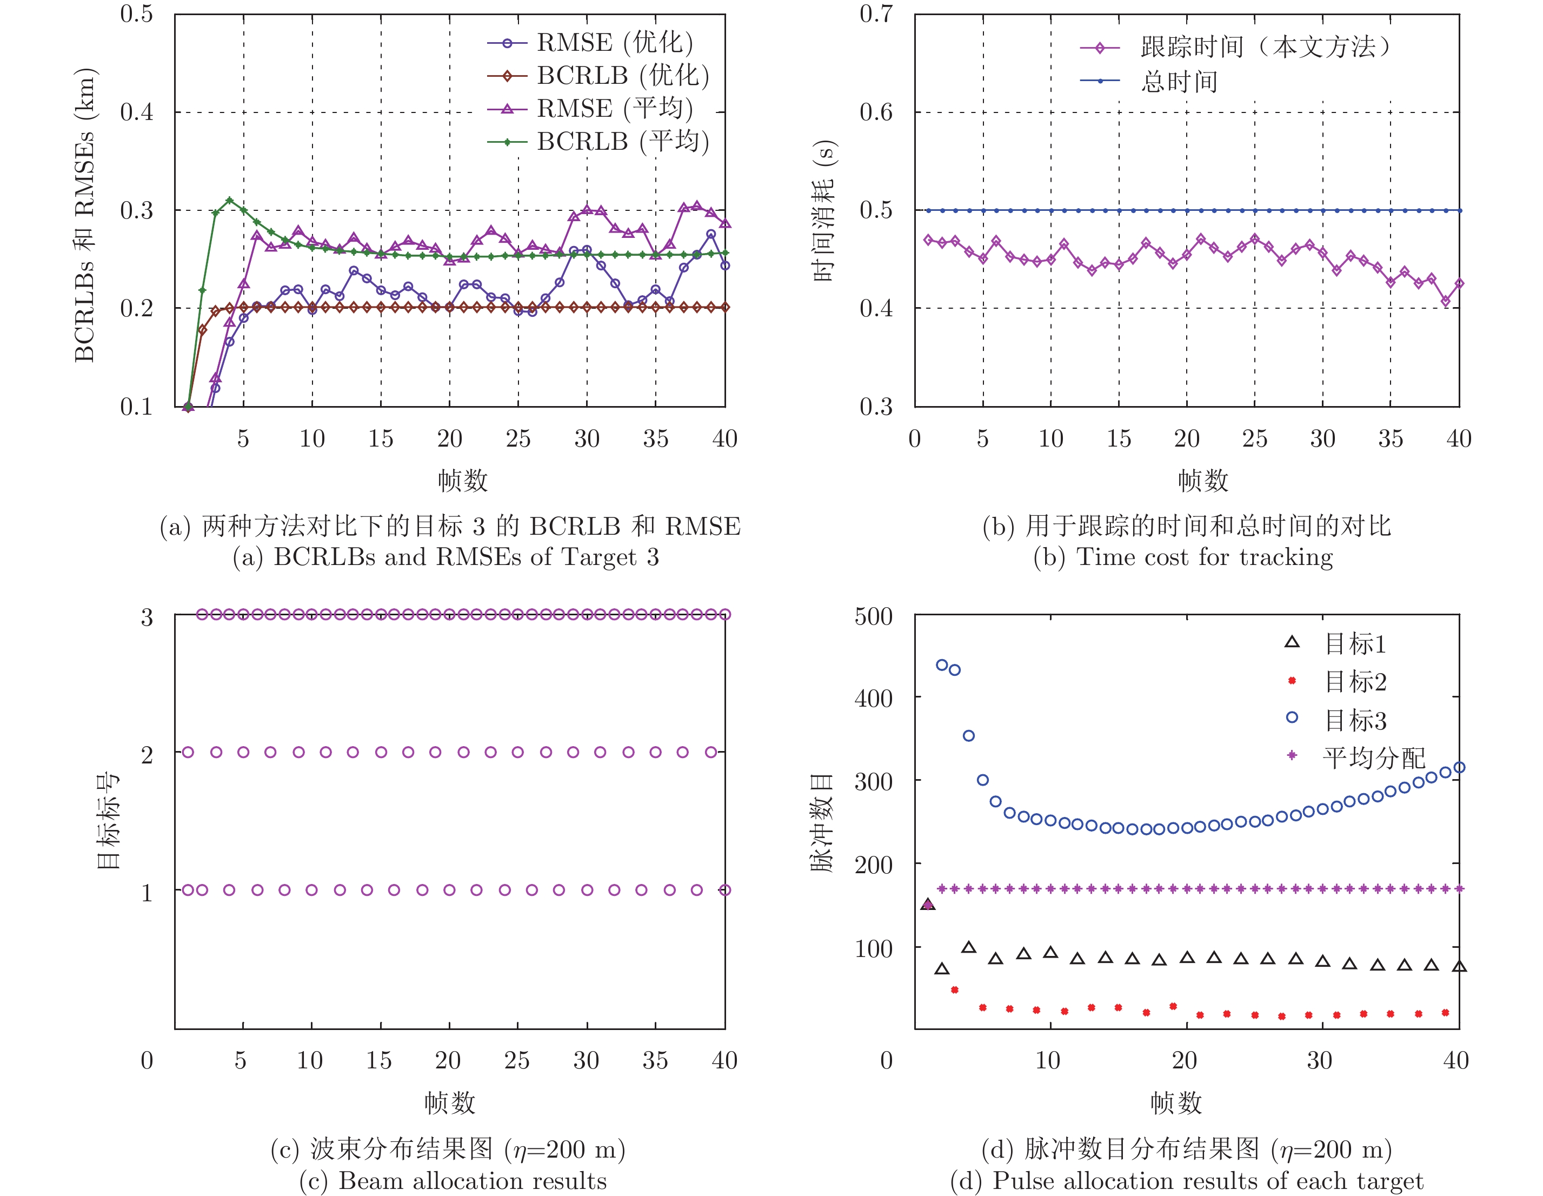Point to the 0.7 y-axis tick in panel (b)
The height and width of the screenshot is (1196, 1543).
876,14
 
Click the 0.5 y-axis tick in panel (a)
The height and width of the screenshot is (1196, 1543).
136,14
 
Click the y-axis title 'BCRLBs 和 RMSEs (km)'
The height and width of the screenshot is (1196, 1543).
85,215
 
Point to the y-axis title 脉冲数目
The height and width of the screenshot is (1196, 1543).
822,823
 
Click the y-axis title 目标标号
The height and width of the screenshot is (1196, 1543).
108,820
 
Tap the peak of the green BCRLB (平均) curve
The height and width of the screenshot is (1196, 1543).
229,200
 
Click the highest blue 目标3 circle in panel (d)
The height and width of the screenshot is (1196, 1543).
942,665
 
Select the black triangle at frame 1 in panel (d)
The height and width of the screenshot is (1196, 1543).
928,904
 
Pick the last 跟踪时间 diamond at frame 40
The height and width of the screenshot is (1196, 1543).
1459,283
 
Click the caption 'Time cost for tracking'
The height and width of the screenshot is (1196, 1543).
1204,557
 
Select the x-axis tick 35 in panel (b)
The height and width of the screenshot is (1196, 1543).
1391,438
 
